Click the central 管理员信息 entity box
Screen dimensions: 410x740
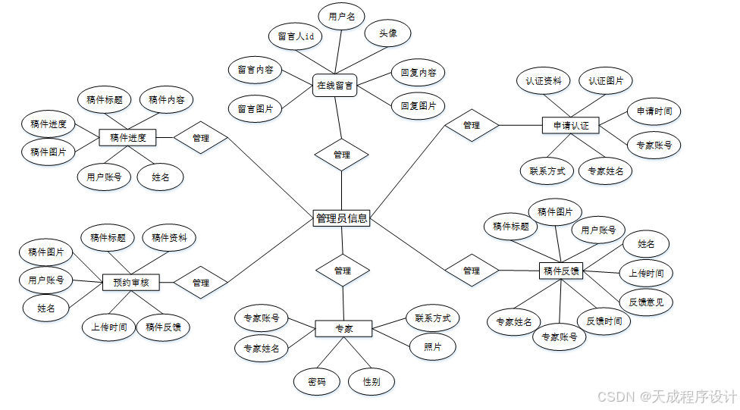(x=341, y=218)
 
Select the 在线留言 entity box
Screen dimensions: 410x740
(x=335, y=86)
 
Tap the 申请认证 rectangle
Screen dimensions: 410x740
(x=571, y=126)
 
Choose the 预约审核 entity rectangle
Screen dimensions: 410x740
(x=130, y=283)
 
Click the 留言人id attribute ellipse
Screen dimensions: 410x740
(x=296, y=36)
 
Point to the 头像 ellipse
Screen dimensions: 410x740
(x=388, y=33)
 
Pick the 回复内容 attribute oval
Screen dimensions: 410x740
(x=418, y=74)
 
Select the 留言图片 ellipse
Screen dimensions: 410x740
(x=255, y=109)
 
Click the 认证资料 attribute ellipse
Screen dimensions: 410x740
(x=543, y=80)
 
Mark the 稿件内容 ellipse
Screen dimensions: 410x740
(x=166, y=99)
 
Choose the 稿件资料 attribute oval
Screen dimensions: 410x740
(x=169, y=237)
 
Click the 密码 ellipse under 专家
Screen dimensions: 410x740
(x=317, y=382)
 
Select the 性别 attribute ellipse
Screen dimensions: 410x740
(x=372, y=382)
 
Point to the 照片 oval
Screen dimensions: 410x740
(x=433, y=346)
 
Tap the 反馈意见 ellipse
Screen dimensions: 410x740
(x=646, y=302)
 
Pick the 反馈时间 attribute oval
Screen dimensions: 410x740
(x=604, y=321)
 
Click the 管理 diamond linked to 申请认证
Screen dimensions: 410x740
(x=471, y=125)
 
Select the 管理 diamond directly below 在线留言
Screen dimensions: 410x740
(x=342, y=155)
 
